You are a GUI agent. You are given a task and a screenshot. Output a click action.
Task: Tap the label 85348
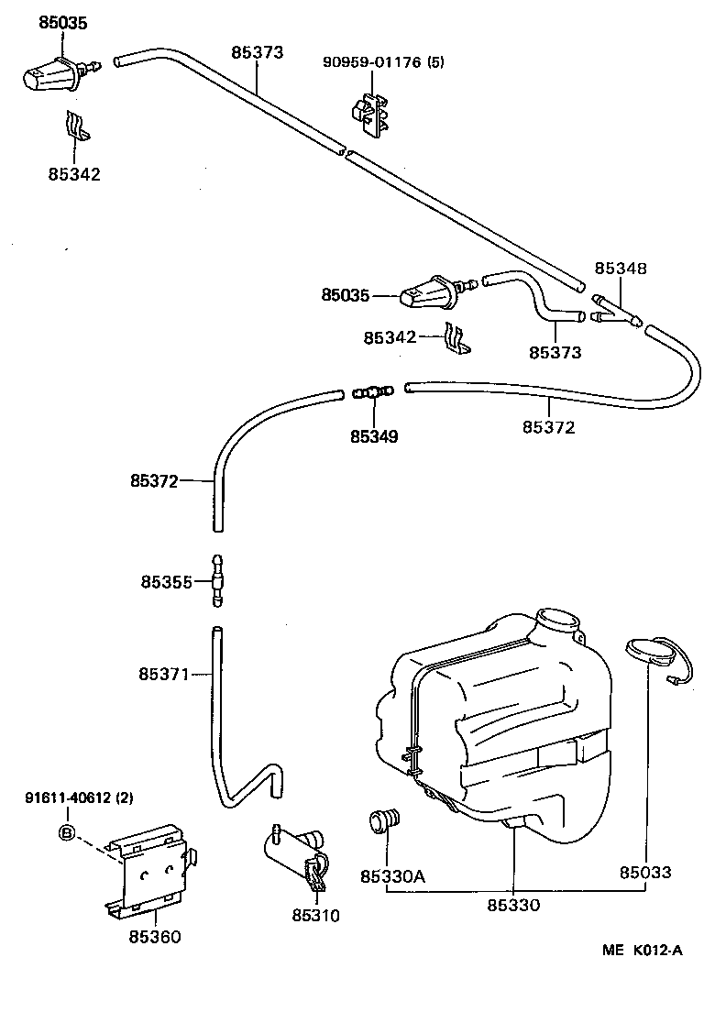pos(621,269)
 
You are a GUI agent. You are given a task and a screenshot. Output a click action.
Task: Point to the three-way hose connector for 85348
pos(617,310)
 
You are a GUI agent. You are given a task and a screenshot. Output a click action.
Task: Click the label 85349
pos(374,436)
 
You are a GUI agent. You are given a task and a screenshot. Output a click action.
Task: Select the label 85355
pos(166,581)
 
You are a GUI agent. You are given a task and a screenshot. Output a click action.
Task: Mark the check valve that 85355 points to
pos(217,579)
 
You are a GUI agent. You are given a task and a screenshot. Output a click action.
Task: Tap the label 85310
pos(315,915)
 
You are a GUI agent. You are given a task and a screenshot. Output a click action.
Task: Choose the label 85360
pos(154,936)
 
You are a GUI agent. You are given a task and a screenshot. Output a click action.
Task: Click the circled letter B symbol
pos(66,832)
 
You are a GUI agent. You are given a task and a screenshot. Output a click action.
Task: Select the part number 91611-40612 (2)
pos(79,797)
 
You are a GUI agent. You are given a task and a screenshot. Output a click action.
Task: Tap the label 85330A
pos(392,875)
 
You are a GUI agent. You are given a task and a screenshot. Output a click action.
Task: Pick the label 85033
pos(646,873)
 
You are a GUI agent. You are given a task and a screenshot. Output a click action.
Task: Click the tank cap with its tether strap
pos(653,654)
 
